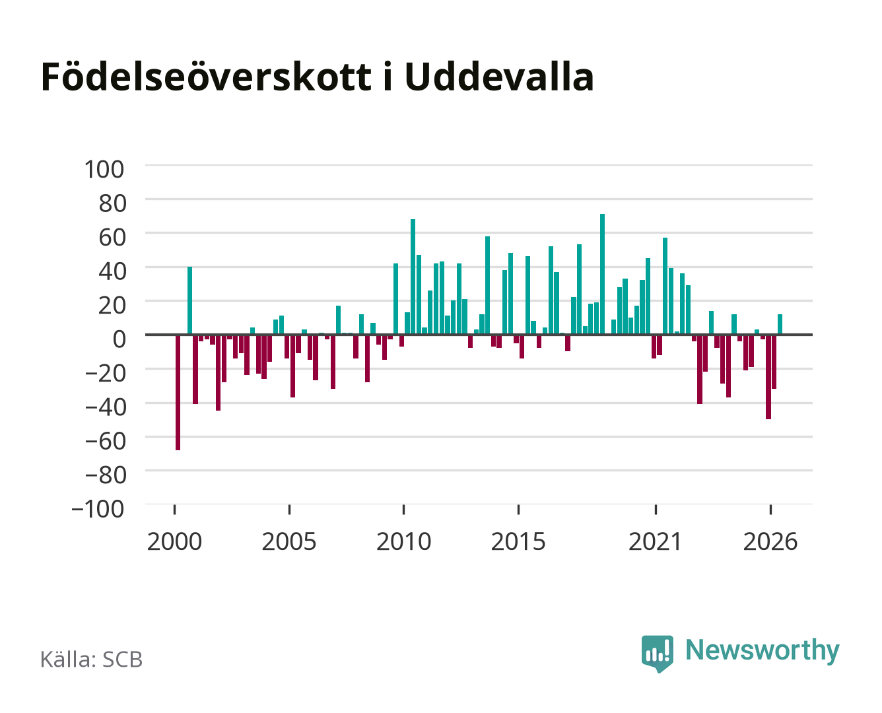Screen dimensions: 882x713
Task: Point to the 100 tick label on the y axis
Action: (x=104, y=170)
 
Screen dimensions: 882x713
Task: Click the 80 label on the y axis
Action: (x=112, y=203)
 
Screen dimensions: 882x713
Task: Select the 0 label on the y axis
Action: (x=119, y=339)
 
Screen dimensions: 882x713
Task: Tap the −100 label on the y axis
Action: (x=98, y=508)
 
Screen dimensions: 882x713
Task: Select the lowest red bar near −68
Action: (x=178, y=392)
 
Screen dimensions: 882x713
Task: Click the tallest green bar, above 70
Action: (x=602, y=274)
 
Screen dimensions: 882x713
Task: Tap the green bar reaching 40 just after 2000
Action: (x=189, y=300)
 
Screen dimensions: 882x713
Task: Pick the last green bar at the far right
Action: (x=780, y=324)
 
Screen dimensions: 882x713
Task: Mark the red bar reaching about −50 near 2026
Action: (x=768, y=377)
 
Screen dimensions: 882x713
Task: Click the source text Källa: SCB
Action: (x=91, y=659)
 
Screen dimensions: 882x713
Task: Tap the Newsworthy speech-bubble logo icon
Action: (x=657, y=654)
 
